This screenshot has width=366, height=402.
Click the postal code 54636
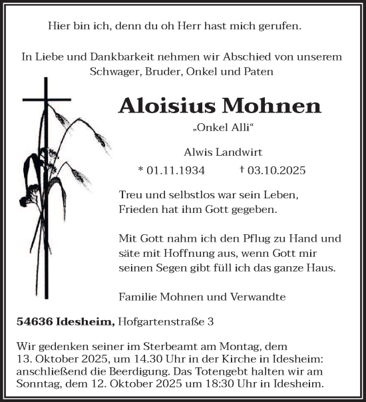click(x=35, y=321)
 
